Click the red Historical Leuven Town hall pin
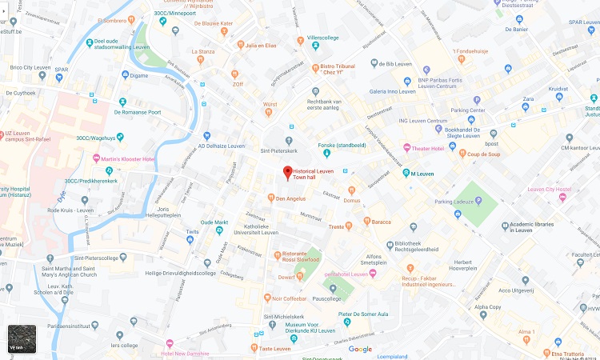pyautogui.click(x=288, y=172)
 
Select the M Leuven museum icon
pyautogui.click(x=406, y=173)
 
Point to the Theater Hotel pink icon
pyautogui.click(x=405, y=149)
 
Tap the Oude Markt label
pyautogui.click(x=214, y=222)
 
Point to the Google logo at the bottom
pyautogui.click(x=360, y=349)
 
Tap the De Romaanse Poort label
pyautogui.click(x=138, y=112)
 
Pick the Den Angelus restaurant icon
pyautogui.click(x=270, y=198)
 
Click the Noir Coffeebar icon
pyautogui.click(x=266, y=298)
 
